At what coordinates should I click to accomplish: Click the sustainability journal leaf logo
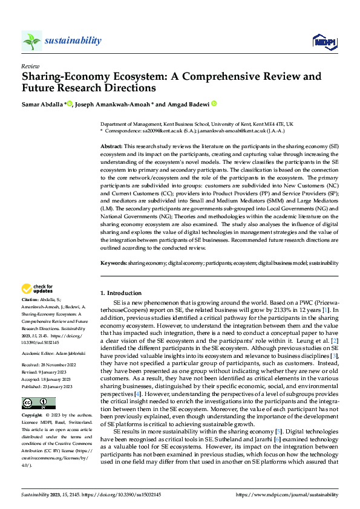(32, 41)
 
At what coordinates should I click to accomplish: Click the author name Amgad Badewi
(188, 104)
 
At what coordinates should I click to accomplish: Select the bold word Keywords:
(113, 264)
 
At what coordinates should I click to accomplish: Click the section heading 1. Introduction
(121, 293)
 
